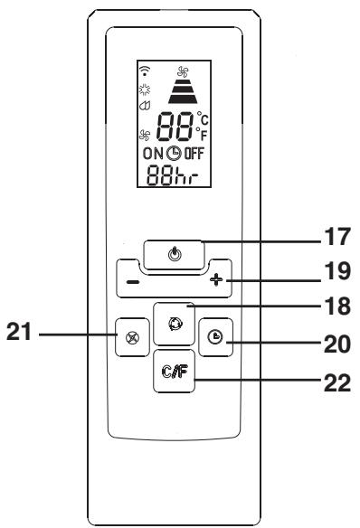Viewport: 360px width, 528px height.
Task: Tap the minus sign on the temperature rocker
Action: point(133,281)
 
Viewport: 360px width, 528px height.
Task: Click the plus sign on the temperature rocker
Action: point(216,279)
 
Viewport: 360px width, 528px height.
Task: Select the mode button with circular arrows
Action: point(174,324)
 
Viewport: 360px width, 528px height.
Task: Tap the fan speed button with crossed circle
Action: point(132,337)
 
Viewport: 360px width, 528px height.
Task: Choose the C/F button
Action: point(174,371)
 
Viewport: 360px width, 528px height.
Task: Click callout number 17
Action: point(337,237)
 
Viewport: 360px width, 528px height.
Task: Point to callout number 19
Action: point(337,271)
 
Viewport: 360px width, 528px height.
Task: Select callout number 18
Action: point(337,306)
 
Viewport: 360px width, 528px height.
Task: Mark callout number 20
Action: point(337,344)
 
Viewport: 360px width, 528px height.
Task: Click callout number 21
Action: point(19,331)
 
